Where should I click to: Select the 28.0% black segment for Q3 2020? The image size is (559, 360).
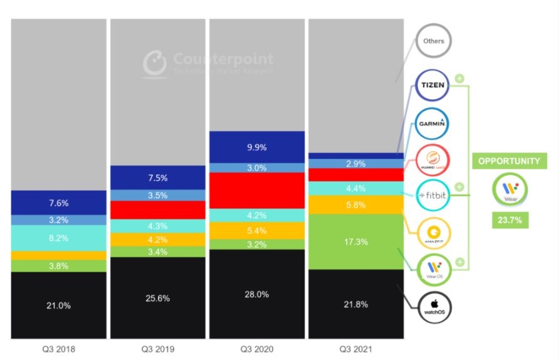257,294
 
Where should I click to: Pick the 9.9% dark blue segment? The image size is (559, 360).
257,147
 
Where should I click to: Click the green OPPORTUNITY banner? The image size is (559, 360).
508,161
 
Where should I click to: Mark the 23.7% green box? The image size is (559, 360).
508,221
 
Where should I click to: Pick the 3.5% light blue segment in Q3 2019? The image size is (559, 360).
158,195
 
